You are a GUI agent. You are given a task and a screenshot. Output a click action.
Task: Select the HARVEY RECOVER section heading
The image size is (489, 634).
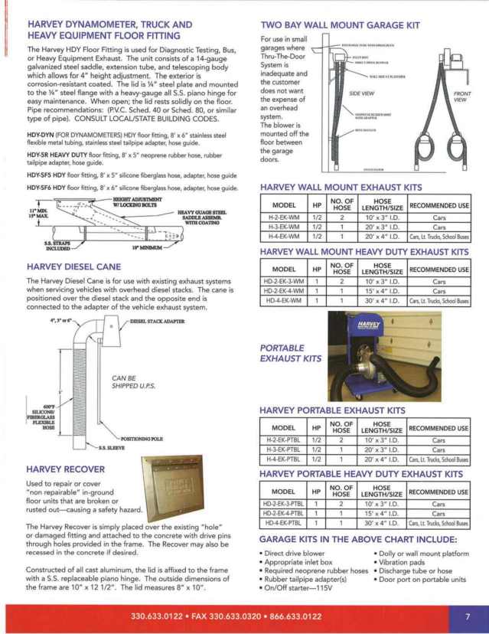(x=66, y=469)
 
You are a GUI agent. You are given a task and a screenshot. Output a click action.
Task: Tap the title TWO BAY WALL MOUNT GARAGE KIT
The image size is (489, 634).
(x=340, y=25)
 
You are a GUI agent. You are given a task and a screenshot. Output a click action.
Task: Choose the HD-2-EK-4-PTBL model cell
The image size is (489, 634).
(x=284, y=514)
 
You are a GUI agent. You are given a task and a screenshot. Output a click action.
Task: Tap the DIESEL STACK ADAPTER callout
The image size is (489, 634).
(x=157, y=322)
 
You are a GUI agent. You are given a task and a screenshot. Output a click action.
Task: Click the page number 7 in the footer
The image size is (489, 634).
(x=467, y=616)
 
